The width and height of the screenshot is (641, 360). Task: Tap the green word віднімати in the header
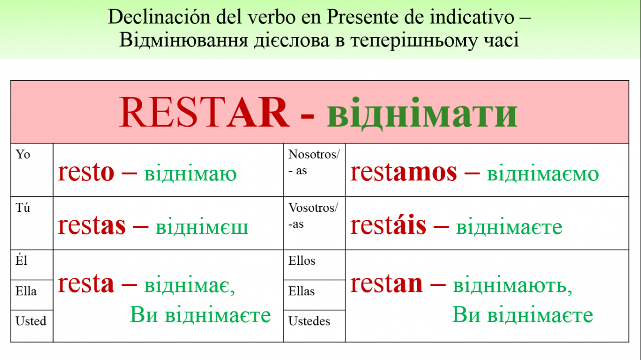pos(422,113)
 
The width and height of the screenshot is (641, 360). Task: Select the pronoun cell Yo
pos(23,154)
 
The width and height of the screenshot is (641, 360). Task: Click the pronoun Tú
pos(23,207)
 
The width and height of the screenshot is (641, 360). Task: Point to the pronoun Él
pos(22,260)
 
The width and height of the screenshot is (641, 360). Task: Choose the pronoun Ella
pos(26,291)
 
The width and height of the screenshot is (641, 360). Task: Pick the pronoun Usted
pos(31,321)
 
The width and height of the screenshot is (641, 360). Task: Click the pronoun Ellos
pos(302,261)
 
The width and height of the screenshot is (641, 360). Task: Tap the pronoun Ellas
pos(301,291)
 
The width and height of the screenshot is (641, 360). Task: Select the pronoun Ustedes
pos(309,321)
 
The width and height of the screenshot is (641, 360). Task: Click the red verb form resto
pos(86,173)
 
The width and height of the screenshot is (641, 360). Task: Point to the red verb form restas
pos(92,226)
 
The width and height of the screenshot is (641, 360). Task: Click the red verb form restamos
pos(404,173)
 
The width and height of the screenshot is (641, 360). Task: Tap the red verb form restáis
pos(388,225)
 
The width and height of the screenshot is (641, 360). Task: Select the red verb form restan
pos(386,284)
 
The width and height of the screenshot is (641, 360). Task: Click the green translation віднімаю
pos(191,173)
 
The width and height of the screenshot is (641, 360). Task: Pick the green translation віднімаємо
pos(543,173)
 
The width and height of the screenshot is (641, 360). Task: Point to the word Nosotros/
pos(314,154)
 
